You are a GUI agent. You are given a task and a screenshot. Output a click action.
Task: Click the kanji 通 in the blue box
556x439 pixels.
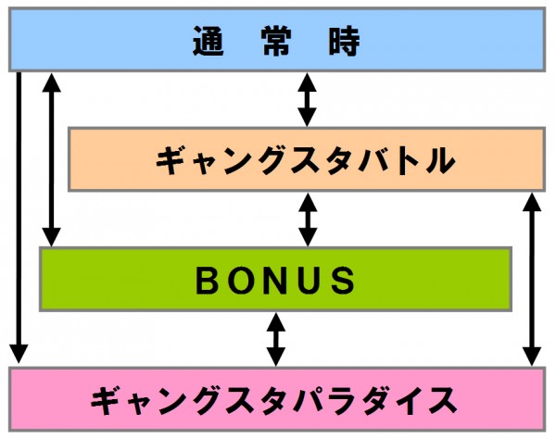click(x=208, y=41)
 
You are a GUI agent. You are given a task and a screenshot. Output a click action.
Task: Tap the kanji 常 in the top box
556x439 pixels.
click(x=277, y=41)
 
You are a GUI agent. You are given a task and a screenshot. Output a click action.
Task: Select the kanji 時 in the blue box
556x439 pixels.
click(x=345, y=41)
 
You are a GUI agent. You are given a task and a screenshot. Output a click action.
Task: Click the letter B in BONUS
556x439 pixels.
click(x=208, y=281)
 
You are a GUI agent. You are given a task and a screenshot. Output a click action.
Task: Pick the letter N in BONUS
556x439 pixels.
click(x=276, y=281)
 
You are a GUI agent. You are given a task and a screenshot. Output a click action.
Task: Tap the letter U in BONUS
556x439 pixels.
click(x=310, y=281)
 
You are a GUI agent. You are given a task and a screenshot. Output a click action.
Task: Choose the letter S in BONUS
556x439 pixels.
click(x=343, y=281)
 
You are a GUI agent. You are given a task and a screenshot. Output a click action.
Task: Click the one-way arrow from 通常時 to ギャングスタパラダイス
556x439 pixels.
click(x=19, y=218)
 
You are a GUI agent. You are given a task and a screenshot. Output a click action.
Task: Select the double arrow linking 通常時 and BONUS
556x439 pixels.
click(x=51, y=159)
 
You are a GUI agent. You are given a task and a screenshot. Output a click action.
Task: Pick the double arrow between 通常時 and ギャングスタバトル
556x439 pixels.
click(x=307, y=100)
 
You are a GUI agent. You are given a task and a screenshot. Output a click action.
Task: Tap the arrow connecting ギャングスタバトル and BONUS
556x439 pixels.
click(x=308, y=219)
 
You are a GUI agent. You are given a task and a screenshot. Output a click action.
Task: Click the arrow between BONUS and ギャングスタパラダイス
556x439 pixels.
click(x=276, y=339)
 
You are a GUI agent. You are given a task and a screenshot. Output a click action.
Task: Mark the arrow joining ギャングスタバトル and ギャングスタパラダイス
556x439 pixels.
click(x=532, y=279)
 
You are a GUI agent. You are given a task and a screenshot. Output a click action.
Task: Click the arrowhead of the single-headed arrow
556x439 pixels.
click(x=19, y=353)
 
